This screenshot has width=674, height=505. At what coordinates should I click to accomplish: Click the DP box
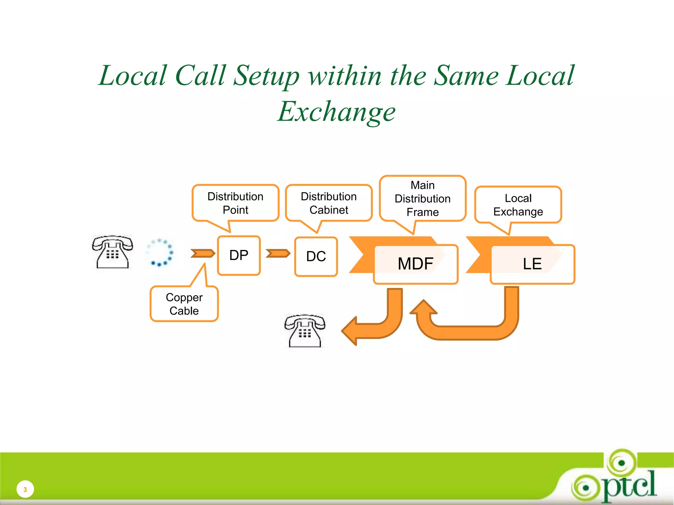click(x=239, y=255)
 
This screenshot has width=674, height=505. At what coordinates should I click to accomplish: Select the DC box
click(x=316, y=256)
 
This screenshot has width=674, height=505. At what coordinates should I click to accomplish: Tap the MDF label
click(x=415, y=264)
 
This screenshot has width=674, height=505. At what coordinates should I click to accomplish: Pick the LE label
click(x=532, y=264)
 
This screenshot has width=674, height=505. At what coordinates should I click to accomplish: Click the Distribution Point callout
click(x=235, y=203)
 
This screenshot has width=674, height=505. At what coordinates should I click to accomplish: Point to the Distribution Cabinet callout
click(x=329, y=203)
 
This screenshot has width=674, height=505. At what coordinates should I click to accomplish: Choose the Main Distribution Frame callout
click(x=423, y=199)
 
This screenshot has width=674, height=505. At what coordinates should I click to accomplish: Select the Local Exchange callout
click(x=518, y=205)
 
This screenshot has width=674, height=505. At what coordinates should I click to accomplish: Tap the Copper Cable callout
click(x=184, y=304)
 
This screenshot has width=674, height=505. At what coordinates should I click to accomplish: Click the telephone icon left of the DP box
click(x=113, y=252)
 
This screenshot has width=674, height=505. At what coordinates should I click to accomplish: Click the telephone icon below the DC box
click(x=305, y=331)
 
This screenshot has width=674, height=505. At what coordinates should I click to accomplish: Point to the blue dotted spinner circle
click(x=160, y=252)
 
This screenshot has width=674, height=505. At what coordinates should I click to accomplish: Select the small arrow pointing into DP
click(x=203, y=253)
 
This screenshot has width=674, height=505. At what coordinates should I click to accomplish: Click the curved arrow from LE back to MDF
click(x=467, y=332)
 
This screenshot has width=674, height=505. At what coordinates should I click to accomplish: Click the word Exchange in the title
click(x=336, y=112)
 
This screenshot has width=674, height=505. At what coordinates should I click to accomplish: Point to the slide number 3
click(x=25, y=490)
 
